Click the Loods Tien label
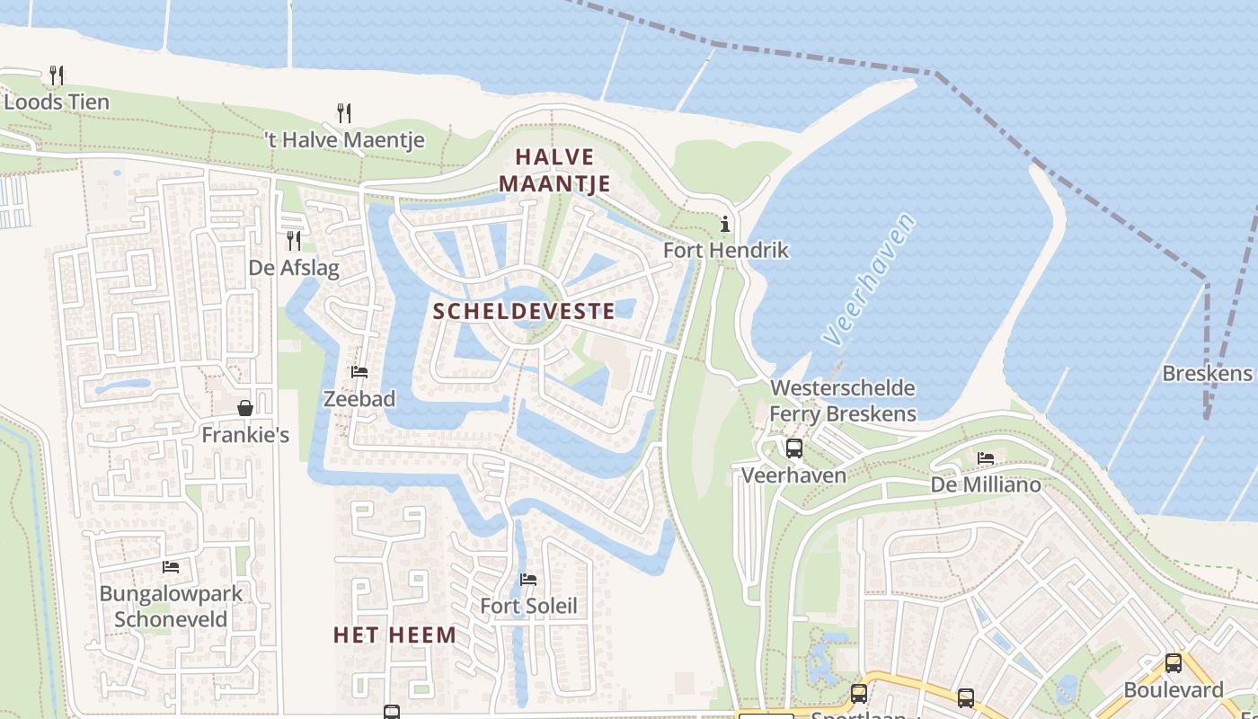tap(56, 102)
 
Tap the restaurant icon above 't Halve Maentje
tap(343, 113)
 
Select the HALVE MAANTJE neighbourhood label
tap(554, 171)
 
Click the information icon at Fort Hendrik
tap(725, 224)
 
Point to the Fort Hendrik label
tap(725, 250)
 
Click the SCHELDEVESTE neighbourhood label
tap(524, 312)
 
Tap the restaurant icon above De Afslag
tap(294, 240)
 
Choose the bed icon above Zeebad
tap(359, 372)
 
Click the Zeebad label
tap(359, 398)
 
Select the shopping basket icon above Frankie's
tap(245, 408)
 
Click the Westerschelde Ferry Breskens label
tap(843, 401)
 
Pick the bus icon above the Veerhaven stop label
tap(793, 448)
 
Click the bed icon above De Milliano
tap(986, 458)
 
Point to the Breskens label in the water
tap(1207, 373)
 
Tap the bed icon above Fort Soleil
tap(528, 580)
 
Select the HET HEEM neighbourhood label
tap(394, 635)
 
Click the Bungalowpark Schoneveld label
tap(171, 607)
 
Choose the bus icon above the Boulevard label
tap(1173, 663)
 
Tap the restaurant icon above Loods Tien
tap(56, 75)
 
